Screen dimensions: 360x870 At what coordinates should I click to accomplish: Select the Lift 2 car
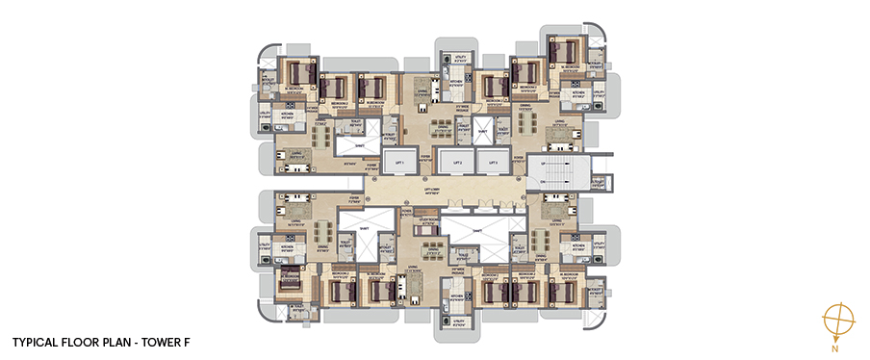458,163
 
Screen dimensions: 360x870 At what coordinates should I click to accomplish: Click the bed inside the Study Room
426,231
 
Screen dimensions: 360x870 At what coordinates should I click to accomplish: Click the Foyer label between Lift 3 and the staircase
518,158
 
